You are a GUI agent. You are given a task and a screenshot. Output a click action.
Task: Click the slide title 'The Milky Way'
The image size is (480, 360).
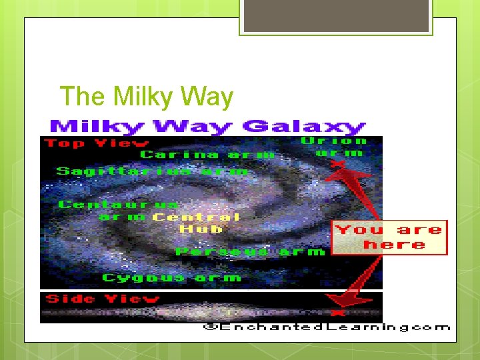click(x=147, y=97)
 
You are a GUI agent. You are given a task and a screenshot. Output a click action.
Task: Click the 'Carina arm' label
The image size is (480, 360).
click(x=207, y=155)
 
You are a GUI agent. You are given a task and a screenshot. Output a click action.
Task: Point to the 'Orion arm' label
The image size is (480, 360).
click(x=333, y=147)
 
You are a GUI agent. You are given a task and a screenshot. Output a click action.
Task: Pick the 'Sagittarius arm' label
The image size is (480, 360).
click(x=152, y=171)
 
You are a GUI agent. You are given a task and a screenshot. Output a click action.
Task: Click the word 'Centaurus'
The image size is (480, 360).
click(x=119, y=204)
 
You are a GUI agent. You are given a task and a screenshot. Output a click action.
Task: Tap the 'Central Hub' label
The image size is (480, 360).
click(x=196, y=223)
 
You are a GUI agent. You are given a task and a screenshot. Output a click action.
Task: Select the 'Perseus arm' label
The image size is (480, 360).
click(x=249, y=251)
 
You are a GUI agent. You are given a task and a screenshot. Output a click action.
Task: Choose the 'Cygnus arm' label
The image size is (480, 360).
click(x=171, y=277)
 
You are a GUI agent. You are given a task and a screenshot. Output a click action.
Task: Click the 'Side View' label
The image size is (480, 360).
click(x=101, y=299)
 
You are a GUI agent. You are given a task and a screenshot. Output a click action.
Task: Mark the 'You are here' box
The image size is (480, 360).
click(x=389, y=237)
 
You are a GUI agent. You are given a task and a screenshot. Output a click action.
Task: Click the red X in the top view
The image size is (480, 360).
click(x=339, y=162)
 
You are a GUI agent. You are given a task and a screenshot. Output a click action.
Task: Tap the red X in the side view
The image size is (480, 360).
click(x=338, y=312)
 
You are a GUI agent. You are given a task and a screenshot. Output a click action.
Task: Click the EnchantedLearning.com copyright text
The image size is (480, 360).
click(x=327, y=327)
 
